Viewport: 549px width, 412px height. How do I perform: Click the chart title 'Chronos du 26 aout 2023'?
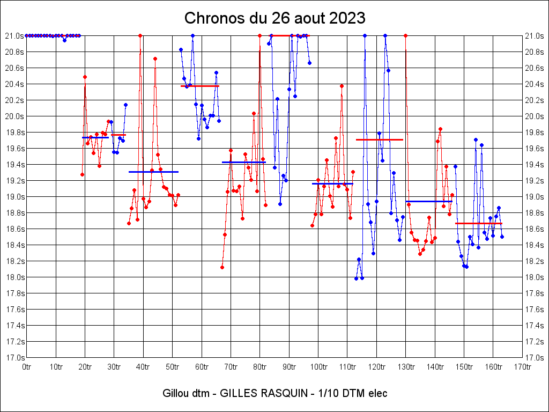[x=274, y=18]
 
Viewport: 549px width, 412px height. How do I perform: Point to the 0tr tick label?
[x=27, y=367]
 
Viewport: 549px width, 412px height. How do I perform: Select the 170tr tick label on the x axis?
[x=522, y=367]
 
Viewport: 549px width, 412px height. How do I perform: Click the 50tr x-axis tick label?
[x=172, y=367]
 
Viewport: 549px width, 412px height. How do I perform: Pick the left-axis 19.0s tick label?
[x=15, y=197]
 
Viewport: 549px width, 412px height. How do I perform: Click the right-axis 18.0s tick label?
[x=534, y=277]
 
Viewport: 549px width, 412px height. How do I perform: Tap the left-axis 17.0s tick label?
[x=15, y=358]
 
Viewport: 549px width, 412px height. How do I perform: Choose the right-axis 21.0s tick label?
[x=534, y=36]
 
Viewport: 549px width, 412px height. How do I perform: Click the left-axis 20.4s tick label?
[x=15, y=84]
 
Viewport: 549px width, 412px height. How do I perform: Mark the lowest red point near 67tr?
[x=222, y=267]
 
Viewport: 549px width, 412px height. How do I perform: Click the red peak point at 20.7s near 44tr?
[x=155, y=58]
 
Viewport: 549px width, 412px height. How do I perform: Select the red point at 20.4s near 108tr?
[x=342, y=86]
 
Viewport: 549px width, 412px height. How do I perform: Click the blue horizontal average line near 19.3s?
[x=153, y=172]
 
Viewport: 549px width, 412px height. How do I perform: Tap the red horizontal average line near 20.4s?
[x=200, y=86]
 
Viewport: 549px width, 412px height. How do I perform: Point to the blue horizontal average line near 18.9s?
[x=429, y=201]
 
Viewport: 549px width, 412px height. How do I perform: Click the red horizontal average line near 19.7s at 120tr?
[x=380, y=139]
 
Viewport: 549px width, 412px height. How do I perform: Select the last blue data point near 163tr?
[x=502, y=237]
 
